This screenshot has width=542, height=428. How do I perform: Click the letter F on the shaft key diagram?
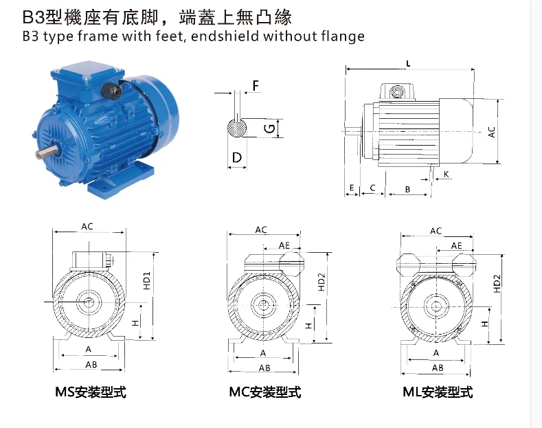click(x=256, y=86)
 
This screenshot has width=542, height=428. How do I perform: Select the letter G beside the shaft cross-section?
click(x=271, y=128)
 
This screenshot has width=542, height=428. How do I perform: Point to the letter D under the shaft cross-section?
click(x=237, y=158)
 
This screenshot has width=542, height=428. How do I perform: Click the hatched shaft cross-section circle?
click(x=237, y=128)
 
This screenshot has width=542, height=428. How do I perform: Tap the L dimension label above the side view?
click(x=409, y=64)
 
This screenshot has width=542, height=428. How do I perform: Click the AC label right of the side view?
click(x=492, y=131)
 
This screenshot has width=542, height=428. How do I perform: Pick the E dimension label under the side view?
click(x=351, y=188)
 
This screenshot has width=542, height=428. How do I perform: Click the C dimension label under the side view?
click(x=372, y=188)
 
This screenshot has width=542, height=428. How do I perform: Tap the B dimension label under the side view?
click(x=407, y=188)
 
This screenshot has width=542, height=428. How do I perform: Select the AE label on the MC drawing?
click(x=284, y=245)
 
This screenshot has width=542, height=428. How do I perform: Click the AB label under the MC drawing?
click(x=264, y=368)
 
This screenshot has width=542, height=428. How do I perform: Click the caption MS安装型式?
click(x=91, y=393)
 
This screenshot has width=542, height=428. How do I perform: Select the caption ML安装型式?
click(x=438, y=393)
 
